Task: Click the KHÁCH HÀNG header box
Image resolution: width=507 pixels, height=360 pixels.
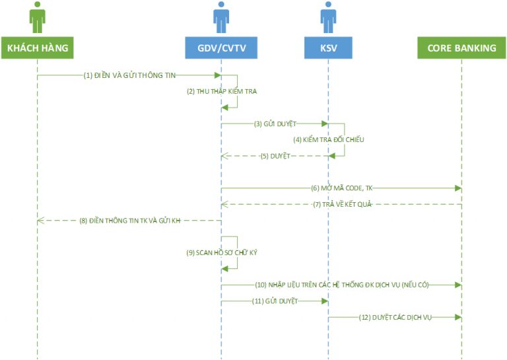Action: [x=38, y=48]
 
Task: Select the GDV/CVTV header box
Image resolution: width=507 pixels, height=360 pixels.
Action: [x=221, y=48]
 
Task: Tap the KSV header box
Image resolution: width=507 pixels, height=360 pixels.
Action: [x=328, y=48]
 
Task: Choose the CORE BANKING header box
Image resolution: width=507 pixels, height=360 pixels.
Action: [x=461, y=48]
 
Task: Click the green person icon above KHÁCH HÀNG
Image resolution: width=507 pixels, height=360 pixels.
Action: [x=38, y=17]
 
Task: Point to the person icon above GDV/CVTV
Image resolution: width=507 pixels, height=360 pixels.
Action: [x=221, y=17]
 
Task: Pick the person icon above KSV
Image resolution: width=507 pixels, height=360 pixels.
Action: [x=328, y=17]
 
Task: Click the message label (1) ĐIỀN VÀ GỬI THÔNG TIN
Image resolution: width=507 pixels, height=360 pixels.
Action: [x=129, y=75]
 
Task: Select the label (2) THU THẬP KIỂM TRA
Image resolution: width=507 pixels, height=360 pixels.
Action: [x=222, y=91]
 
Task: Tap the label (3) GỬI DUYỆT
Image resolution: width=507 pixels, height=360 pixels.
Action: [x=275, y=124]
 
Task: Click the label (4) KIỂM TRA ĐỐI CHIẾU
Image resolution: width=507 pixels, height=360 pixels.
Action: [x=329, y=140]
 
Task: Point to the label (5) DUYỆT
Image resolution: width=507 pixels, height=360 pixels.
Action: [x=275, y=156]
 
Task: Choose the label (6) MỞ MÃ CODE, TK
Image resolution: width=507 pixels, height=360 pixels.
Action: [x=342, y=188]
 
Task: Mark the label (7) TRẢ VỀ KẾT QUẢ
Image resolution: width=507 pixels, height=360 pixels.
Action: [x=343, y=204]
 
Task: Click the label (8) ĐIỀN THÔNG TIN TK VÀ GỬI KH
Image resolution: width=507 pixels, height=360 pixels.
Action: [x=130, y=220]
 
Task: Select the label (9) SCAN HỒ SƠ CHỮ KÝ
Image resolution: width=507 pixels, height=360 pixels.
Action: [x=222, y=252]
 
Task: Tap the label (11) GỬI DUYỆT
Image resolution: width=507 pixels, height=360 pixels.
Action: [x=275, y=301]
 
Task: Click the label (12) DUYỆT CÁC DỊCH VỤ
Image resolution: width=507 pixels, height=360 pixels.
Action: [x=395, y=317]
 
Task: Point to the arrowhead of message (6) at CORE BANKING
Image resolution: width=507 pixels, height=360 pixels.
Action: [x=458, y=188]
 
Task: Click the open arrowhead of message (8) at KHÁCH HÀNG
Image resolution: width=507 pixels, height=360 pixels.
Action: [x=41, y=221]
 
